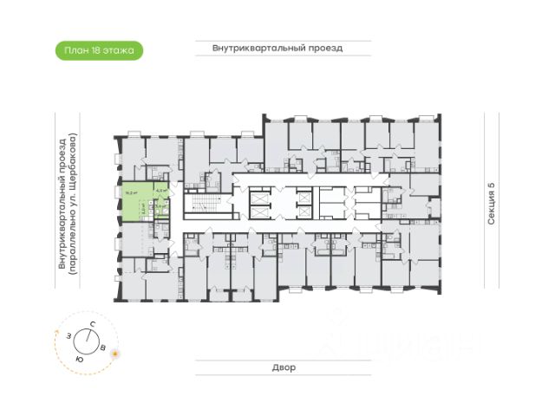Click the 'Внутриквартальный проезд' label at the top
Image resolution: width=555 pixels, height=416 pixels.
pos(277,49)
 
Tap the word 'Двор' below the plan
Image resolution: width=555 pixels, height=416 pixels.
pos(277,367)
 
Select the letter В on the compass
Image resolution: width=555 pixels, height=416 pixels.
pos(104,348)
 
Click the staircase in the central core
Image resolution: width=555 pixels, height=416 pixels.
pos(201,208)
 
